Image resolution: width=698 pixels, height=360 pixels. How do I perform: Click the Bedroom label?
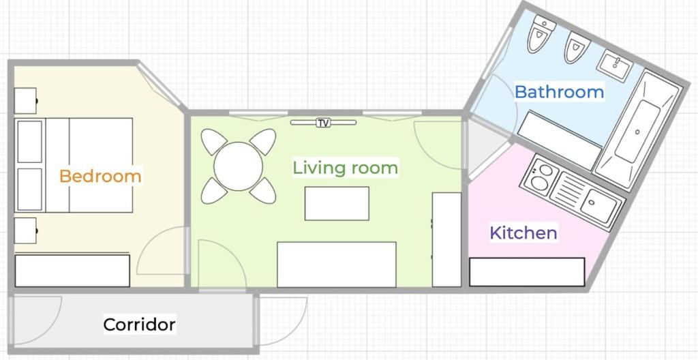tap(100, 176)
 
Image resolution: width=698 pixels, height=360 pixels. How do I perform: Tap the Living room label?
tap(345, 168)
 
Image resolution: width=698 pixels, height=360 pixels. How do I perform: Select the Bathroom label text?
tap(559, 92)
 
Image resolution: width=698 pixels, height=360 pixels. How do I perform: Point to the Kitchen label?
tap(523, 232)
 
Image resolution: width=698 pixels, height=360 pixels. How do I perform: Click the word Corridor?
tap(139, 325)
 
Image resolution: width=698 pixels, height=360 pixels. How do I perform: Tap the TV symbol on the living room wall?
tap(323, 123)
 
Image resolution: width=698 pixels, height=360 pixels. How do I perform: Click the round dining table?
tap(238, 166)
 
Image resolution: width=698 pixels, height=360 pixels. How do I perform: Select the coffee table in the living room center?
tap(337, 203)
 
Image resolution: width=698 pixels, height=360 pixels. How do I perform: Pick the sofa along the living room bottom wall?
tap(337, 265)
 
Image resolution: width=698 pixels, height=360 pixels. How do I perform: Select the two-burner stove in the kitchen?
tap(538, 177)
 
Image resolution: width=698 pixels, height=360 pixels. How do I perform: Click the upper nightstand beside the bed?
tap(25, 101)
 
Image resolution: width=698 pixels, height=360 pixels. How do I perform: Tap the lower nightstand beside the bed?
tap(25, 230)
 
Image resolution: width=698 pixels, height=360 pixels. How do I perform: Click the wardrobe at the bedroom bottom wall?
tap(72, 271)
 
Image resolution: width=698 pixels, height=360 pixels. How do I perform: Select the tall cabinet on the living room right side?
tap(446, 240)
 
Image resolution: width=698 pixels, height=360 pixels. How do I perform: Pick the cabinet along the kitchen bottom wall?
tap(527, 272)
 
